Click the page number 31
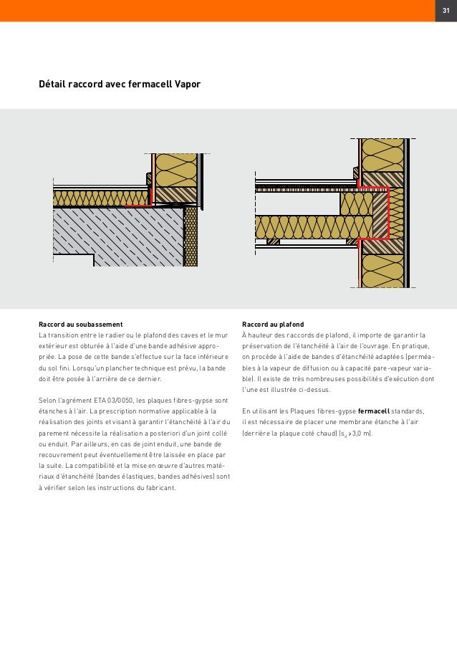(x=443, y=11)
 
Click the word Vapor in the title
(x=185, y=85)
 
